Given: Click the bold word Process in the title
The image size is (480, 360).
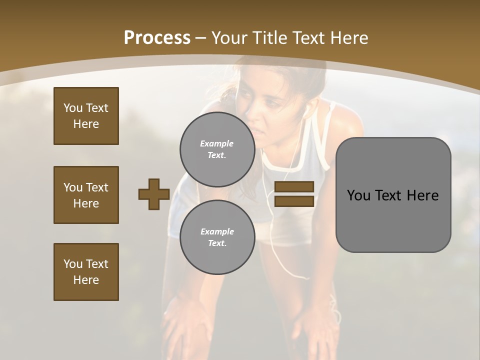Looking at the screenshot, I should point(157,38).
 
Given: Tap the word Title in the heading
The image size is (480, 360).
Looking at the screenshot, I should point(268,38).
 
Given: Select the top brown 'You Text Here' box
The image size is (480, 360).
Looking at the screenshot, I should point(86,116).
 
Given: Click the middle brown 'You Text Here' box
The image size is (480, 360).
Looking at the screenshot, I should point(86,195).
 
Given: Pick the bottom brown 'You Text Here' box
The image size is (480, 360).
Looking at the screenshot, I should point(86,272).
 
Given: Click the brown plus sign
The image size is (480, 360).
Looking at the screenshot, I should point(154,194).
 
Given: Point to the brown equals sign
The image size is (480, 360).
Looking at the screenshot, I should point(294,194).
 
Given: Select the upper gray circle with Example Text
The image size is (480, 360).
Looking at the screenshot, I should point(217,149).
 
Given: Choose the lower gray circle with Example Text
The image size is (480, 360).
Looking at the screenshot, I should point(217,237).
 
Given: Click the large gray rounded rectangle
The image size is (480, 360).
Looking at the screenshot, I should point(393,195).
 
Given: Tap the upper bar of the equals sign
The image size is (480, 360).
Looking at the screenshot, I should point(294,187).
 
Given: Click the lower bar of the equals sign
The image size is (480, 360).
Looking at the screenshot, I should point(294,201).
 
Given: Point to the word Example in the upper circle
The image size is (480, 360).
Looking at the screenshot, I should point(217,143).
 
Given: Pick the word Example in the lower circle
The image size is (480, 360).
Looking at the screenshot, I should point(217,231).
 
